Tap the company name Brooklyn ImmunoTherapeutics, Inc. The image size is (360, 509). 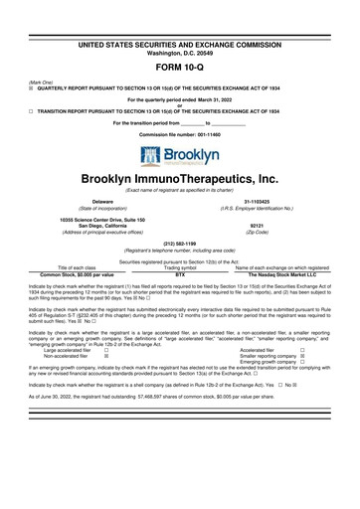tap(180, 178)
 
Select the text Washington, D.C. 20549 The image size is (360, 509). tap(179, 25)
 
